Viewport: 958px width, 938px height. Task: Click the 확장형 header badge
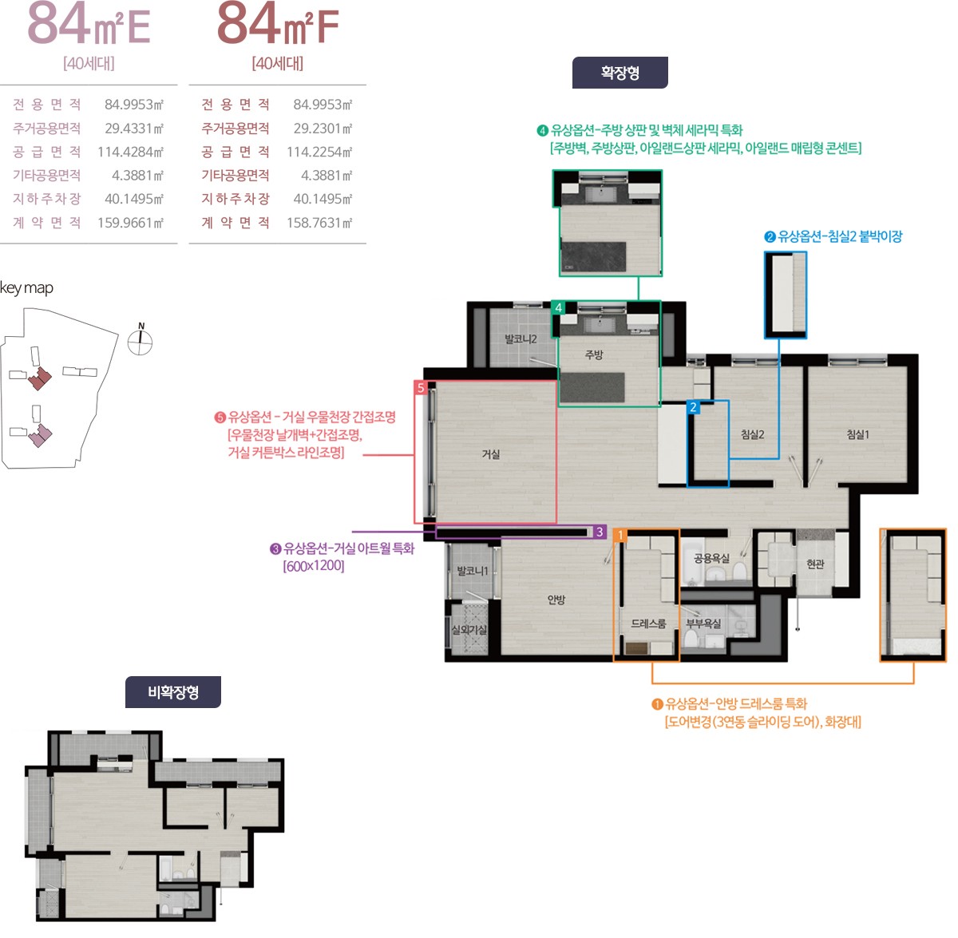(x=620, y=73)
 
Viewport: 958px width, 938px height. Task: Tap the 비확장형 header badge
(x=172, y=691)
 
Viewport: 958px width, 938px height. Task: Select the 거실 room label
(x=491, y=453)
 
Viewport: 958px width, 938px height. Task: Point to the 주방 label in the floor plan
(x=594, y=354)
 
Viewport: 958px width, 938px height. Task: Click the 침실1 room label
(x=857, y=434)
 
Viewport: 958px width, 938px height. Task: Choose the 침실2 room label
(x=752, y=434)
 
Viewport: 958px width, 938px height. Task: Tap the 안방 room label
(x=556, y=600)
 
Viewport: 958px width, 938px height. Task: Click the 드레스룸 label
(x=647, y=623)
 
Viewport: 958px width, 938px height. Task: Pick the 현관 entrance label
(x=815, y=564)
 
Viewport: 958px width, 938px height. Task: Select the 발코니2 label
(x=521, y=338)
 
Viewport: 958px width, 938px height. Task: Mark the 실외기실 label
(x=469, y=630)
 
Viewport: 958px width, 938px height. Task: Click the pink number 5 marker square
(x=421, y=387)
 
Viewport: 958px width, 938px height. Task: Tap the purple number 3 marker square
(x=600, y=532)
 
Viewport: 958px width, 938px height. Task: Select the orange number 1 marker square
(x=620, y=535)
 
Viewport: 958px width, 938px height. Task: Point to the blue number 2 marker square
(x=693, y=407)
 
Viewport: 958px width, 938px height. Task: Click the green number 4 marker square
(x=558, y=307)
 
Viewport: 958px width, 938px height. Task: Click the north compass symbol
(x=141, y=340)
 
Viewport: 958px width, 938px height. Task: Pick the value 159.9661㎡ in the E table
(x=130, y=222)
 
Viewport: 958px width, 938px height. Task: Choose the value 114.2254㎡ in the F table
(x=319, y=152)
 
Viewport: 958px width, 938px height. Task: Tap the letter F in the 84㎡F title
(x=327, y=27)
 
